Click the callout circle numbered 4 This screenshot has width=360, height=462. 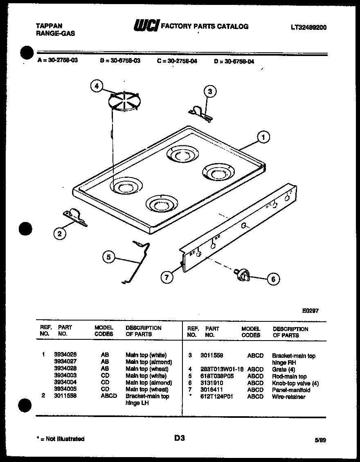97,86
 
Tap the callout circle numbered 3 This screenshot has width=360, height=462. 210,92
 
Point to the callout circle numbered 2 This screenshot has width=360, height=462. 60,234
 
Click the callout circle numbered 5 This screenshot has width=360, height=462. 109,257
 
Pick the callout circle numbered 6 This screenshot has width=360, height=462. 273,279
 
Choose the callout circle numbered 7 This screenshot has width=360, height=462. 166,278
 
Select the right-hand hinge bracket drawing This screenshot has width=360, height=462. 200,113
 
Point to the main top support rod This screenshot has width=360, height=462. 137,262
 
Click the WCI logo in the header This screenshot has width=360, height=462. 146,26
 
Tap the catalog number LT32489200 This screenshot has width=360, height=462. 308,27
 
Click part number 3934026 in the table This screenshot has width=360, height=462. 65,355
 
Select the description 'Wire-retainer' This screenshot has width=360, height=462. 288,397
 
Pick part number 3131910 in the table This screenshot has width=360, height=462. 211,383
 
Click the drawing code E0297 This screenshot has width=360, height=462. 310,311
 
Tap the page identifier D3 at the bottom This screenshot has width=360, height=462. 180,438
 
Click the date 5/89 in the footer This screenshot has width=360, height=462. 320,440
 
